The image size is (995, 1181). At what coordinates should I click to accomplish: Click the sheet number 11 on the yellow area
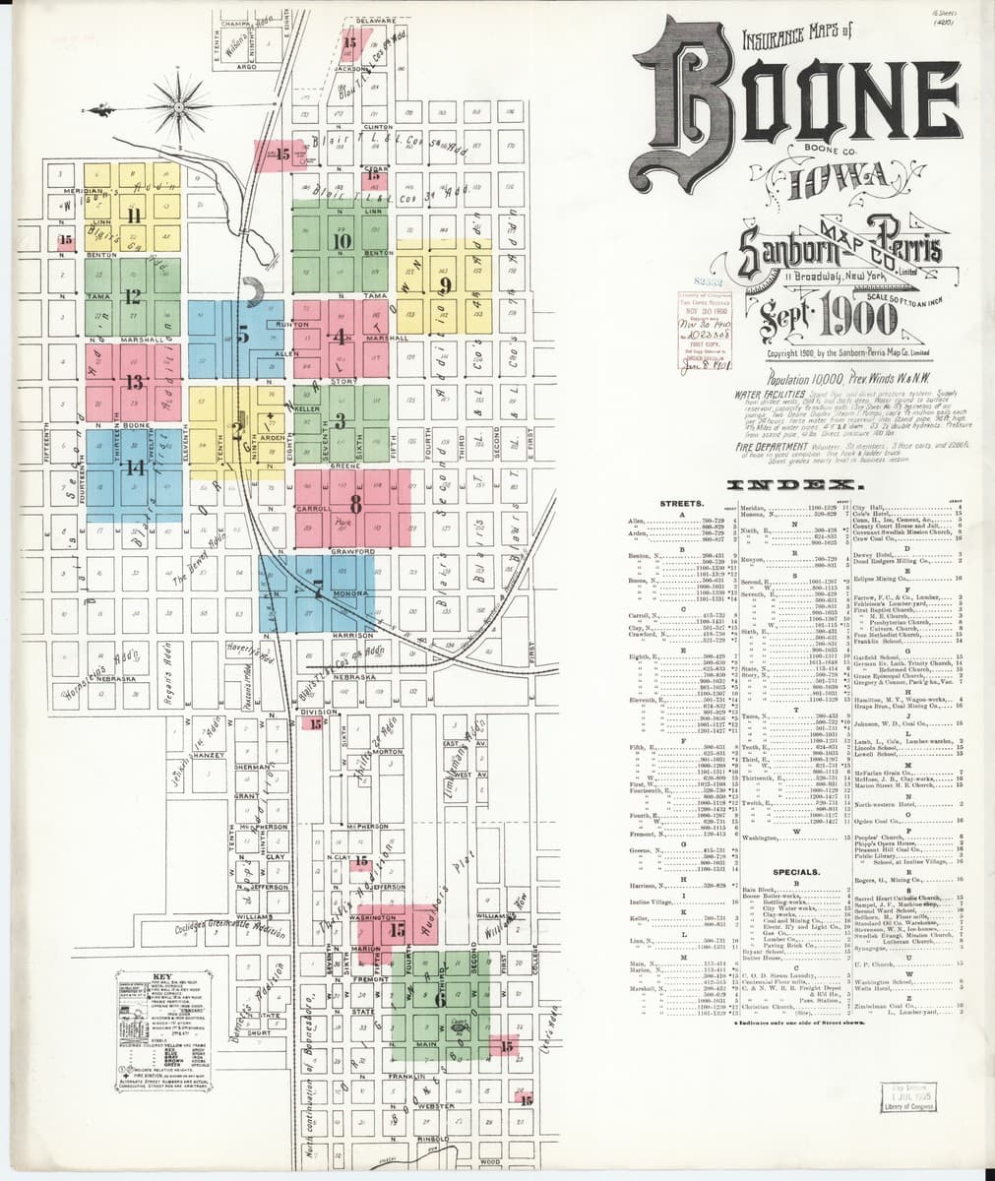click(x=135, y=216)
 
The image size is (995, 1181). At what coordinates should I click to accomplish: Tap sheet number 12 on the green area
click(x=133, y=295)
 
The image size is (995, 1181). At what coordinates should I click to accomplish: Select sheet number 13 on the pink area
click(x=135, y=383)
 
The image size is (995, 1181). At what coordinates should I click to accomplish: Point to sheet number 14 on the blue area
click(x=135, y=467)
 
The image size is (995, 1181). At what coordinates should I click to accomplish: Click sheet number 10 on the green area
click(x=342, y=241)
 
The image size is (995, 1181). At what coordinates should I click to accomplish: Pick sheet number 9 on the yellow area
click(x=445, y=284)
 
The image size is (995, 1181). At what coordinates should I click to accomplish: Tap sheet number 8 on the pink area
click(x=355, y=502)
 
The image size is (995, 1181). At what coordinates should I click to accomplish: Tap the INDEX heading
click(x=795, y=486)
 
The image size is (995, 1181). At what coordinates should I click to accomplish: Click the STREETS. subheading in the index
click(x=680, y=503)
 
